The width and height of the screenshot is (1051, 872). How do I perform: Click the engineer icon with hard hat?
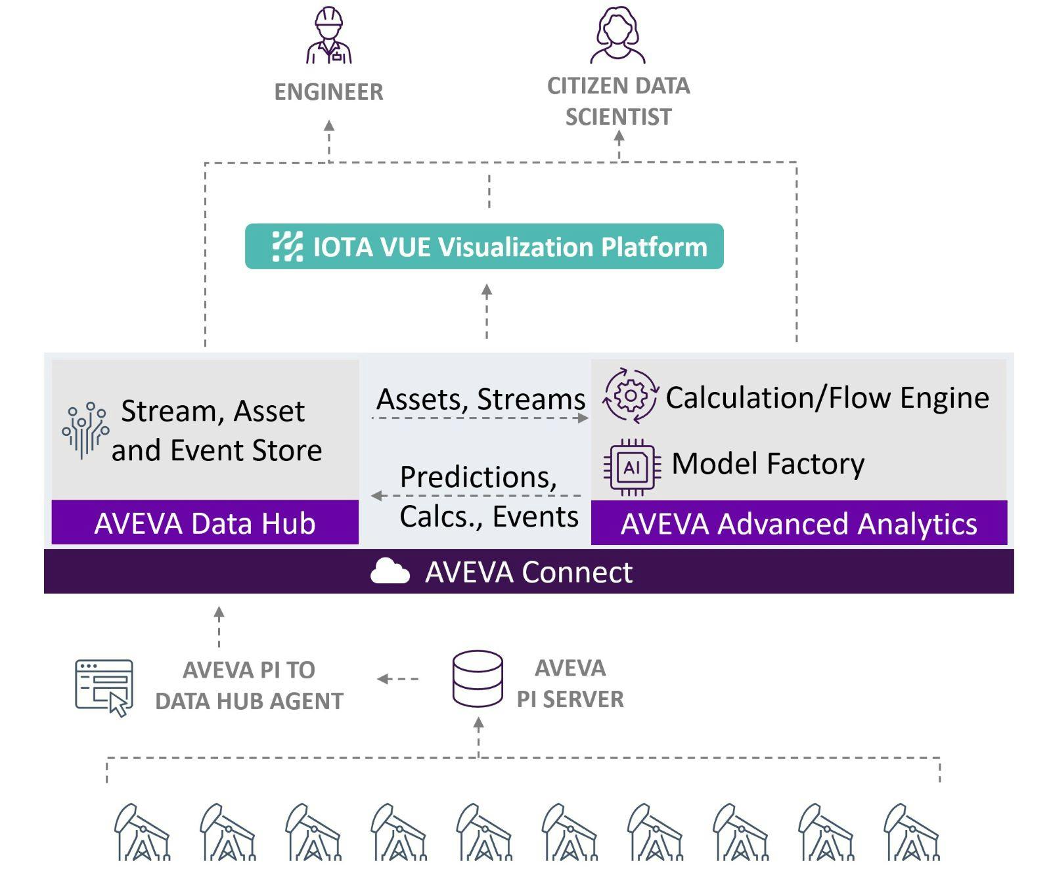point(329,36)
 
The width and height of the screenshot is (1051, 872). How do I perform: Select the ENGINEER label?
point(328,92)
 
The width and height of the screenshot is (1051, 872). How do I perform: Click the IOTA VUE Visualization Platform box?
point(484,247)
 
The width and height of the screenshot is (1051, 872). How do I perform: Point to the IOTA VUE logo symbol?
point(288,247)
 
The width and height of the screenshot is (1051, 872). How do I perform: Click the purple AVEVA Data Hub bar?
point(205,523)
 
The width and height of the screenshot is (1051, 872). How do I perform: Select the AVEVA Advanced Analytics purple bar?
point(799,523)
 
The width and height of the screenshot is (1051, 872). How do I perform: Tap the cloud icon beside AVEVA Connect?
point(390,571)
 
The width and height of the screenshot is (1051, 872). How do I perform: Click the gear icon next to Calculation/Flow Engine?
point(630,396)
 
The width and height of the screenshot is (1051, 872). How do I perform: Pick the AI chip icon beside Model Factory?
point(632,467)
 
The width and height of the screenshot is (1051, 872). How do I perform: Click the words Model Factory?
point(767,464)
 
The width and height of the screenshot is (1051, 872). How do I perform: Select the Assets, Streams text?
point(481,399)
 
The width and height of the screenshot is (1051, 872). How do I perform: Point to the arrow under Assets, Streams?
point(481,418)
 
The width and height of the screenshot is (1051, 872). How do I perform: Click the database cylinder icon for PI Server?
point(478,679)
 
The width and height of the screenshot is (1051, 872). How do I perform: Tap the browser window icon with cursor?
point(104,687)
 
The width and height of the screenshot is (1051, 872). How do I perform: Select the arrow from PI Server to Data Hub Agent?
point(398,679)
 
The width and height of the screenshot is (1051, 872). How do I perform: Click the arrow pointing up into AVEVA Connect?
point(219,626)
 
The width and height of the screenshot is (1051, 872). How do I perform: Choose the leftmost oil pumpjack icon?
point(141,832)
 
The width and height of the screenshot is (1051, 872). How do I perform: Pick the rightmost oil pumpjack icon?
point(911,832)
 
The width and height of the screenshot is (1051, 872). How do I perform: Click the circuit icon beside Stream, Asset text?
point(85,430)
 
